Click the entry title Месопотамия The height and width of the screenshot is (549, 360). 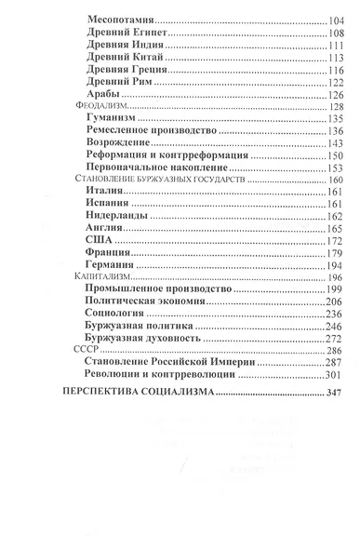[x=121, y=19]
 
